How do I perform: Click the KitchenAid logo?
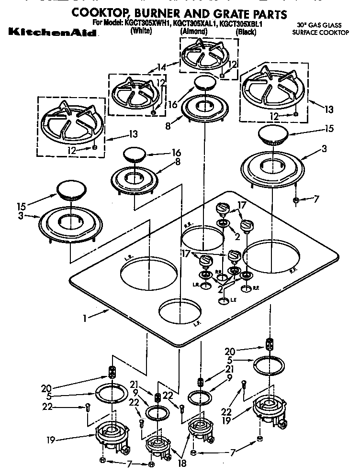[52, 33]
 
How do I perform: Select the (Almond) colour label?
[193, 32]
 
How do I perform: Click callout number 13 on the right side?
[328, 110]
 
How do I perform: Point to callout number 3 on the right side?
[325, 149]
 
